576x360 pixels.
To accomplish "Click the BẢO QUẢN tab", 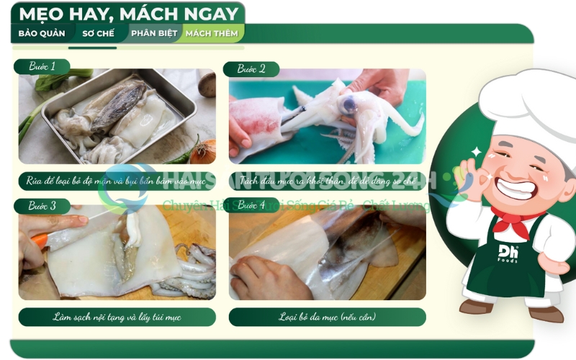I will coord(41,33).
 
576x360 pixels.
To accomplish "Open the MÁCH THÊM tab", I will coord(213,33).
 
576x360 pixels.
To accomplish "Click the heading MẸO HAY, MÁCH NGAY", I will coord(128,14).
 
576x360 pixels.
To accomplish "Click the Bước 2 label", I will coord(252,69).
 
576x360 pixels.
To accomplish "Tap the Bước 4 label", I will coord(252,205).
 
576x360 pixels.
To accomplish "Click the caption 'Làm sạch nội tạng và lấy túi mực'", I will coord(117,317).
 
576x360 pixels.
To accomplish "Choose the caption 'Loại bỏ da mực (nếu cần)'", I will coord(327,317).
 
